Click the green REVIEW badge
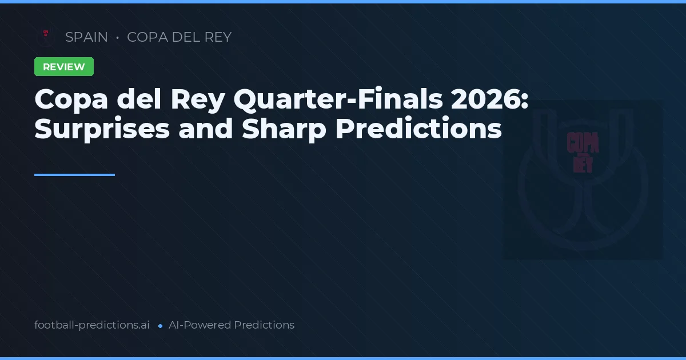coord(64,67)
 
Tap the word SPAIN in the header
coord(86,37)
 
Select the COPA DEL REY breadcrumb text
coord(179,37)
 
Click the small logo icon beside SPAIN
coord(45,37)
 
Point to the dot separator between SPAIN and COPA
coord(117,38)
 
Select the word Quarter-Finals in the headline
coord(338,101)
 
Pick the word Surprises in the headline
coord(102,129)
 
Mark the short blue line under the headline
coord(74,175)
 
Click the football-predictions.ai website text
coord(92,325)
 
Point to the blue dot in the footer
coord(161,326)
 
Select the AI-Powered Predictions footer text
coord(232,325)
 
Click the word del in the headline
coord(139,101)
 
